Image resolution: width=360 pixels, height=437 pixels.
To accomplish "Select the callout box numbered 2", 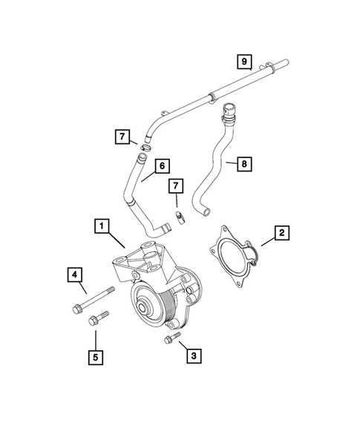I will (x=281, y=233).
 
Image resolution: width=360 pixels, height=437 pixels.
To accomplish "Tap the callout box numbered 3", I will (x=193, y=356).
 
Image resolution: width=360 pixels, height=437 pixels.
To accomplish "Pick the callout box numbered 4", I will (x=76, y=275).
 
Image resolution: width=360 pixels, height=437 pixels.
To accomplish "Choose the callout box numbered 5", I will (x=96, y=356).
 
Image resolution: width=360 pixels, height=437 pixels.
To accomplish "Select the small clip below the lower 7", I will (x=179, y=217).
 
